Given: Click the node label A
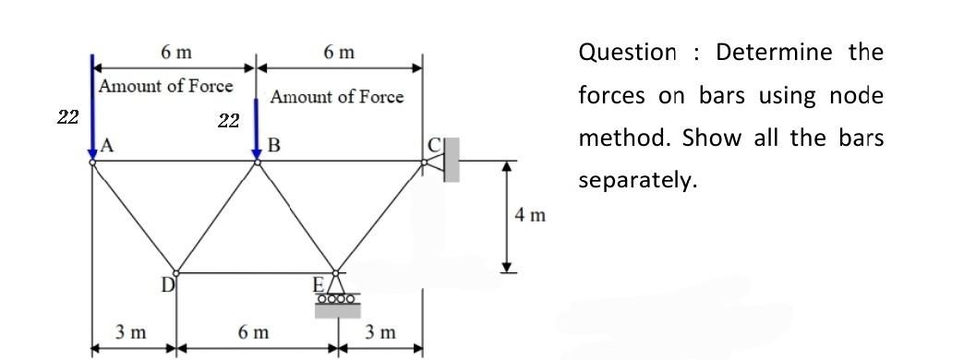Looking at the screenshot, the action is tap(107, 145).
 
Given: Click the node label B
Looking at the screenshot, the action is tap(273, 145).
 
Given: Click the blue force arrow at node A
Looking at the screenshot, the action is tap(91, 106).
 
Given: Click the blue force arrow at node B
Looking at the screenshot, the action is tap(257, 120).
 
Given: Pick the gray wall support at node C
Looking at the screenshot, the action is tap(451, 159).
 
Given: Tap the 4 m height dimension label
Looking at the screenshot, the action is tap(531, 216).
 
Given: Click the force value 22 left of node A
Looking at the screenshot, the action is tap(67, 116).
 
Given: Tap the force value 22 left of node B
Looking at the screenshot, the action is tap(228, 120).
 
